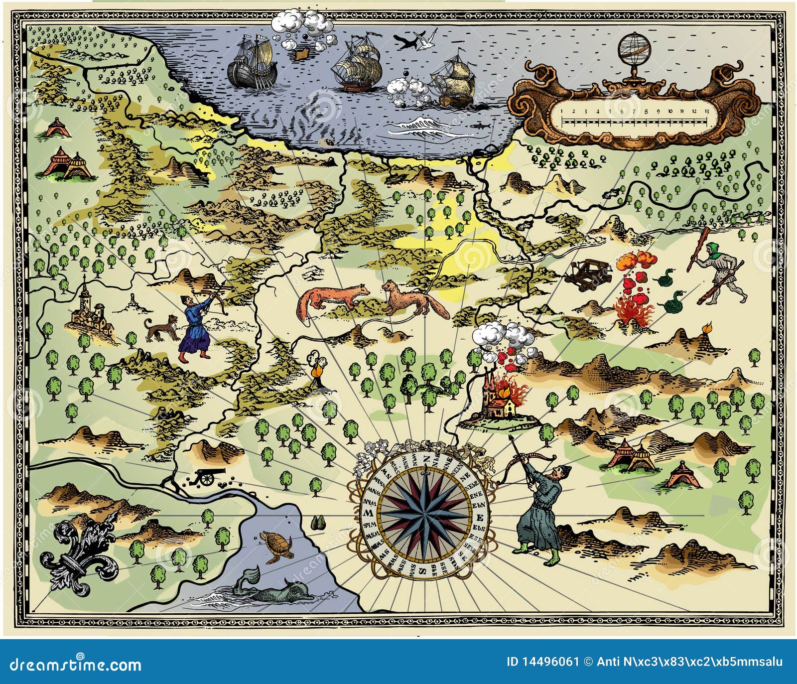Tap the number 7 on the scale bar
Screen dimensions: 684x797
[x=634, y=111]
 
